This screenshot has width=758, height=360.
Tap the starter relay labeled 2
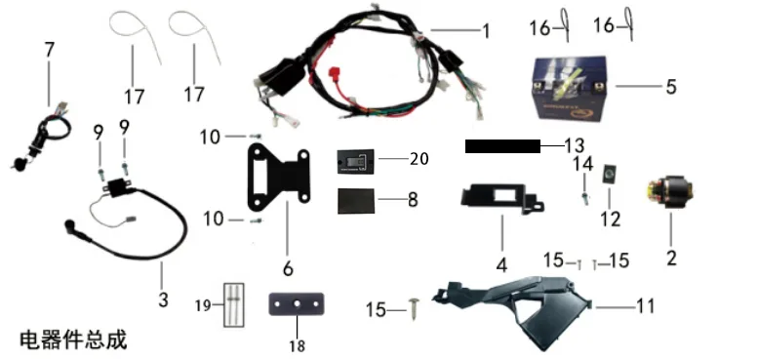(670, 192)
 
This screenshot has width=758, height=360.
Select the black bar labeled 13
(502, 146)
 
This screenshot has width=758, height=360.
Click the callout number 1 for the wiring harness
(486, 32)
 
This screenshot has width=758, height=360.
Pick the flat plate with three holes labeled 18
(296, 304)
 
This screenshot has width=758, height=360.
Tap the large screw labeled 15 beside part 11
(414, 307)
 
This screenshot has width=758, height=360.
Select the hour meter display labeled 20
(356, 162)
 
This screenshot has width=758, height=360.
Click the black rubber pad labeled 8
(356, 201)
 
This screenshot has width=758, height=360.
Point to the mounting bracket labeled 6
(278, 179)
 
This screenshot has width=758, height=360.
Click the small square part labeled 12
(608, 174)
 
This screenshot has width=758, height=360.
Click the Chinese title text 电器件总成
(73, 340)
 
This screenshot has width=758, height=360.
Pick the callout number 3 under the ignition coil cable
(163, 300)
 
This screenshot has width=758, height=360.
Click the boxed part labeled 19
(233, 305)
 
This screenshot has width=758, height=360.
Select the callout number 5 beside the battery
(670, 88)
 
